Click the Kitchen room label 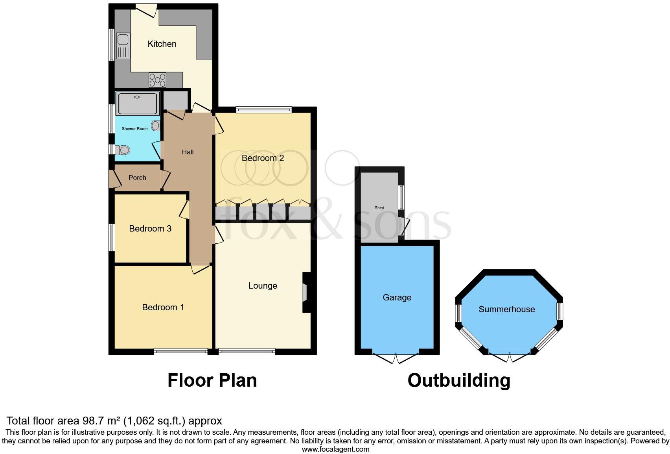tap(162, 44)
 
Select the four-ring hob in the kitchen tap(158, 80)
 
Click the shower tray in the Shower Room tap(137, 103)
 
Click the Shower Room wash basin tap(156, 126)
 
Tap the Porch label tap(137, 178)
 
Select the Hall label tap(188, 152)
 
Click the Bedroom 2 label tap(263, 158)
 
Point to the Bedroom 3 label tap(150, 229)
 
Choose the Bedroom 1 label tap(163, 308)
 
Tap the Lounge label tap(263, 286)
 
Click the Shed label tap(379, 208)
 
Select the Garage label tap(397, 298)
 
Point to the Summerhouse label tap(506, 309)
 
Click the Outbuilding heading tap(459, 381)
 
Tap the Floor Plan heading tap(212, 381)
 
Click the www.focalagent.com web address tap(335, 449)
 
